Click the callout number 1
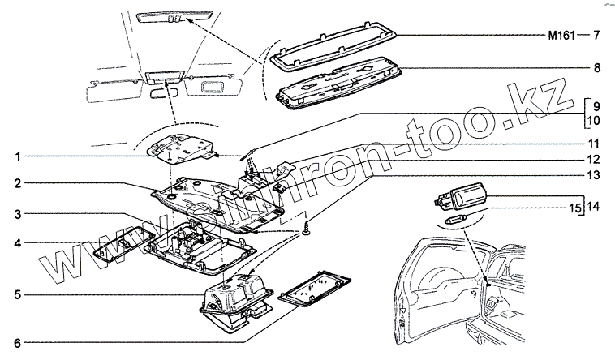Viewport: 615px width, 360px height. (15, 156)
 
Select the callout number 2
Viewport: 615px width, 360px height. (15, 185)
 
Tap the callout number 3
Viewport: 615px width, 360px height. (15, 214)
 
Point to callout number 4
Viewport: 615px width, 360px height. (15, 242)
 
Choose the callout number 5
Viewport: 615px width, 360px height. (15, 294)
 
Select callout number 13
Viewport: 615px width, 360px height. (595, 174)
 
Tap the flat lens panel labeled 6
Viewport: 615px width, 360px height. (314, 291)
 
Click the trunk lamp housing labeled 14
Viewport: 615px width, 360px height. (465, 197)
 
